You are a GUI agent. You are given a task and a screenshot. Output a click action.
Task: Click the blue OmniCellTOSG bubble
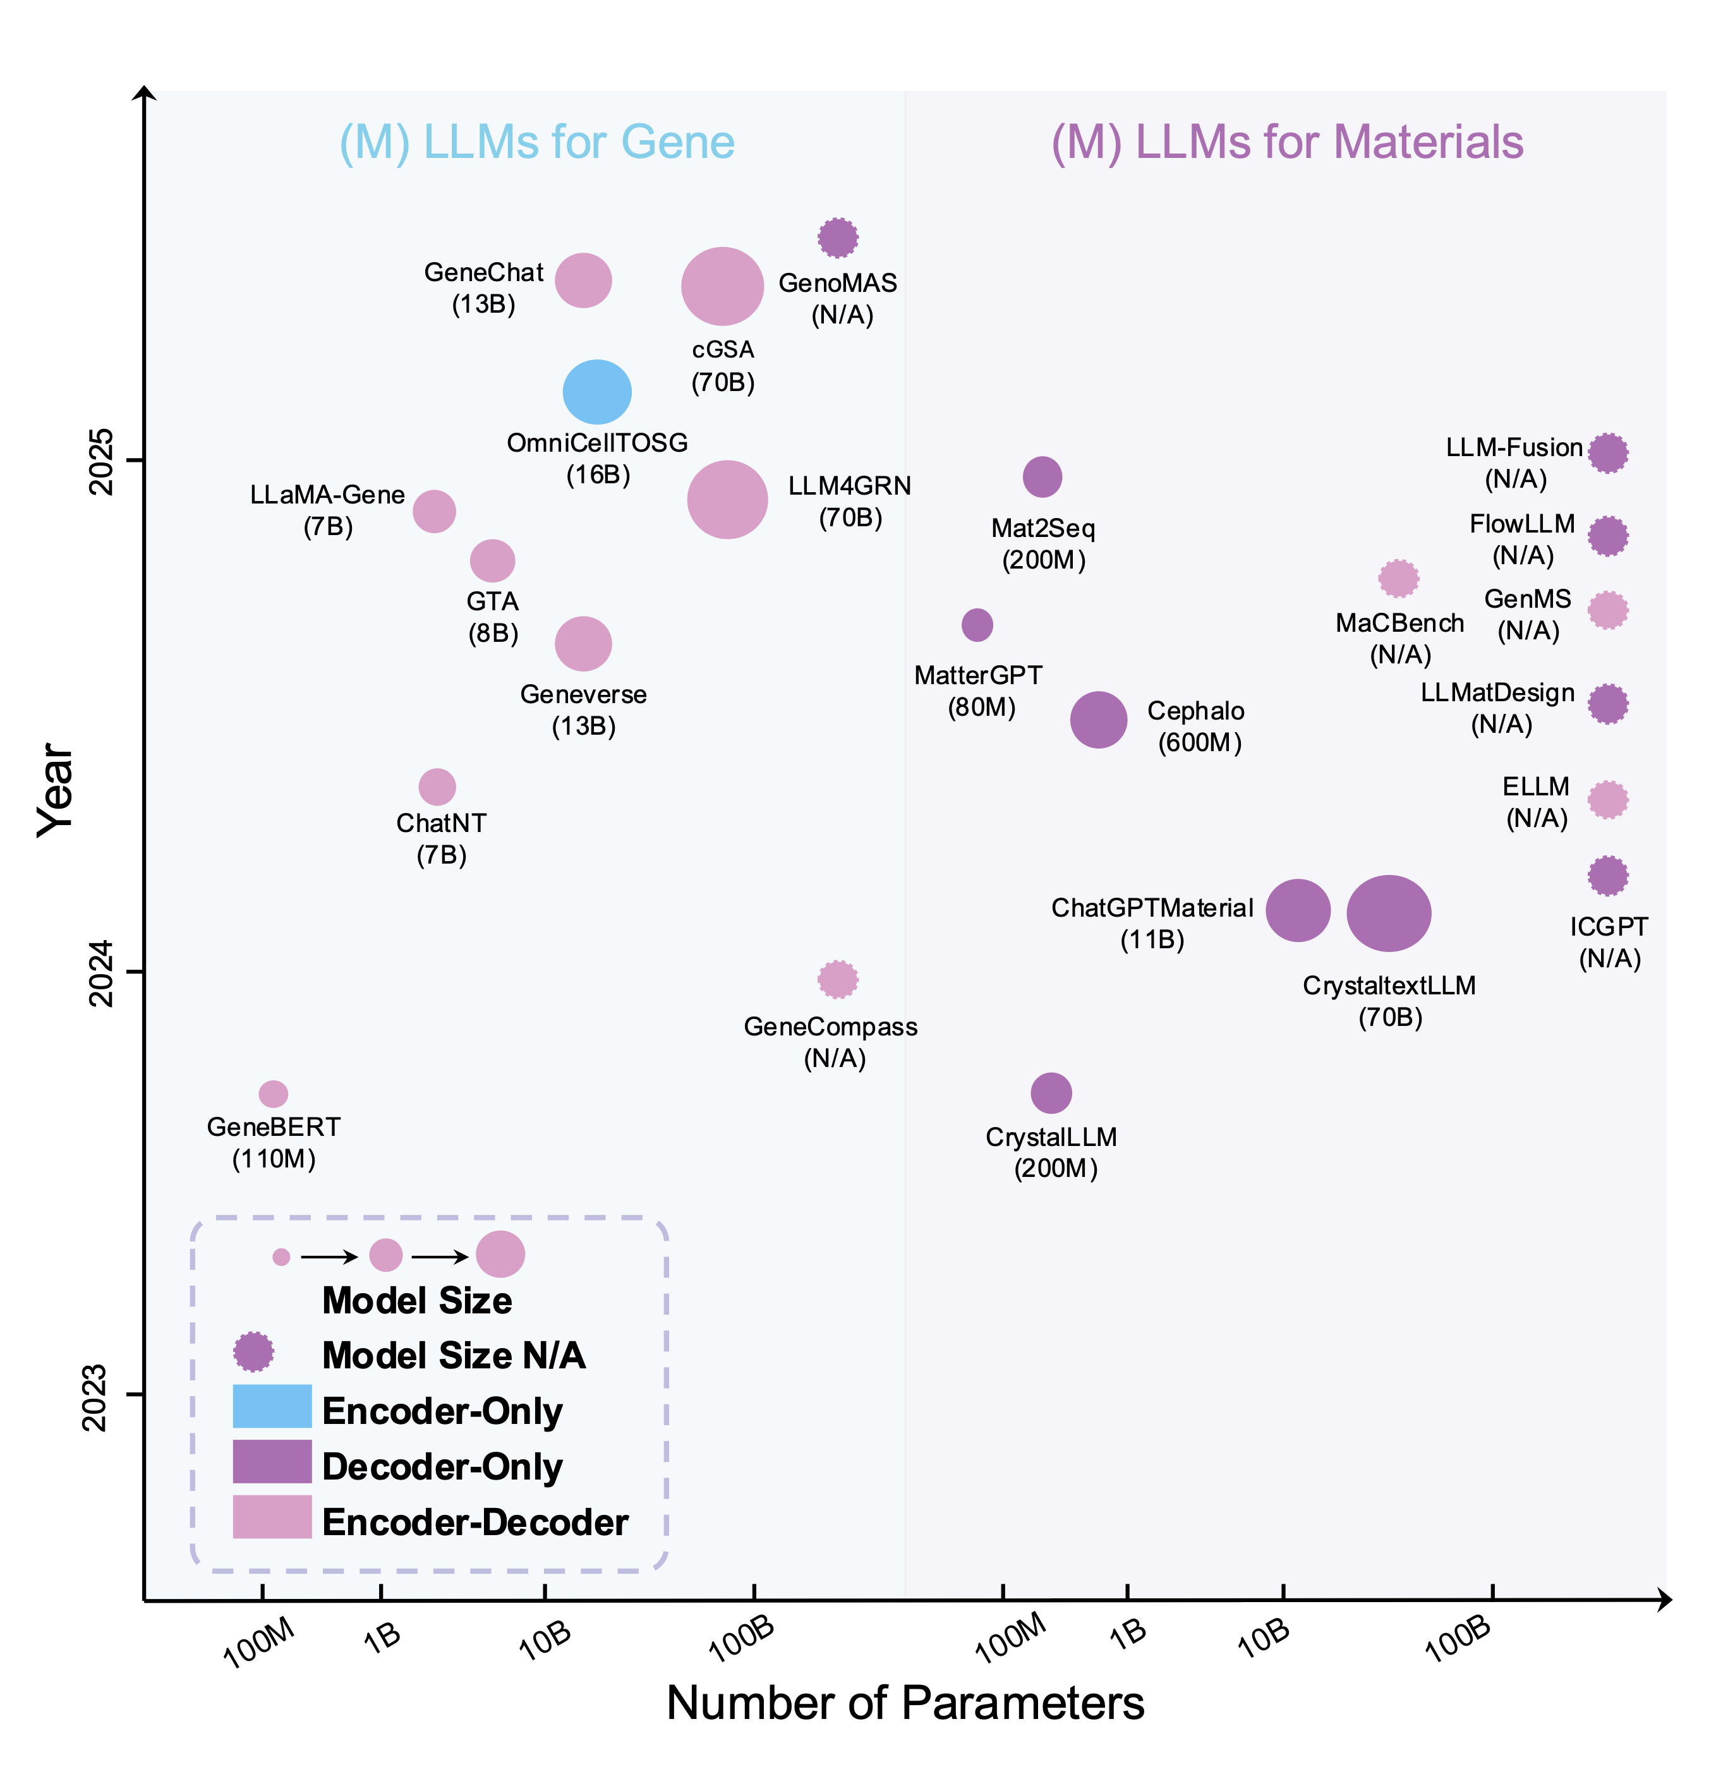596,392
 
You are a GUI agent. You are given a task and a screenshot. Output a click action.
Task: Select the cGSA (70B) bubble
722,286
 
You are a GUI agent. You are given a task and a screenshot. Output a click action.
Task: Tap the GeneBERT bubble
273,1093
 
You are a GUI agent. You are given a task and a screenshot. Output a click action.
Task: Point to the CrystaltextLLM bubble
1388,912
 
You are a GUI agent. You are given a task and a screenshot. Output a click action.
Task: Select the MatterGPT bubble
977,625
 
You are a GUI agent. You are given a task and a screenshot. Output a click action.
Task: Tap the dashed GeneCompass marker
837,980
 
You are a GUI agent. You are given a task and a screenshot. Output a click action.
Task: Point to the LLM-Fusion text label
1513,448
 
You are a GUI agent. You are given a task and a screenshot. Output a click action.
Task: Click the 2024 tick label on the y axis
100,972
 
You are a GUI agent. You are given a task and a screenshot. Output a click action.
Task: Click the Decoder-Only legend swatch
272,1461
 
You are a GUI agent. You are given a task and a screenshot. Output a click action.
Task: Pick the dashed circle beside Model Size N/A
253,1351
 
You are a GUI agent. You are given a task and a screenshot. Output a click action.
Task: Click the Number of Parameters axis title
905,1703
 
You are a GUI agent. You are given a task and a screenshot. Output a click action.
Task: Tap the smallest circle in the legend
281,1257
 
